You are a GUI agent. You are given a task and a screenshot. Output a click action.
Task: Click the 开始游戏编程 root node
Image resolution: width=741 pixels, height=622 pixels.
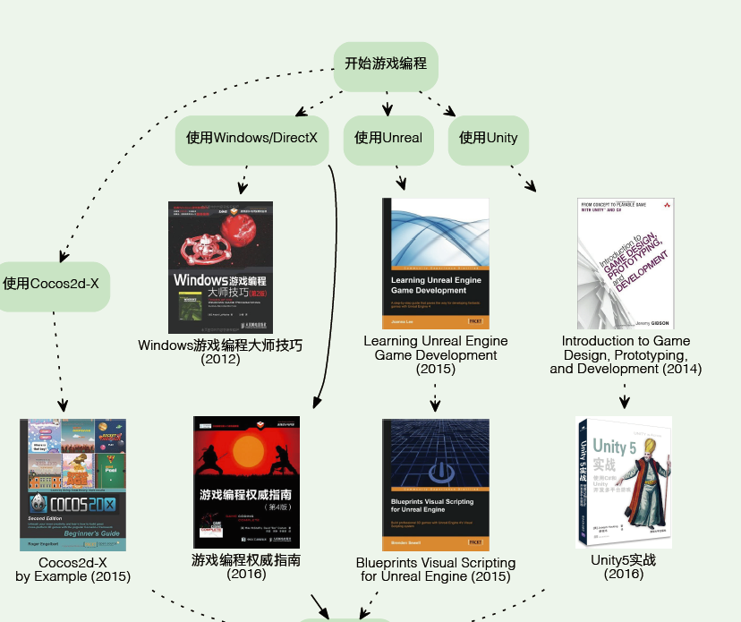point(386,64)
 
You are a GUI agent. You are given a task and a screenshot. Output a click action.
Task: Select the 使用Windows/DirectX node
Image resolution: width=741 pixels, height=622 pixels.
point(251,138)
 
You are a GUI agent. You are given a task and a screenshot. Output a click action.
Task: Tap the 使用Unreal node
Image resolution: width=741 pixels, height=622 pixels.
point(388,138)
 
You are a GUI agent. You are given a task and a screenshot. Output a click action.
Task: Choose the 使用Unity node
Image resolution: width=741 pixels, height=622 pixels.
point(488,138)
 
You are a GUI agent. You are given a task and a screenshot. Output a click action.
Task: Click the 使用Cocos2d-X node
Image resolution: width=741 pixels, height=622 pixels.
point(51,285)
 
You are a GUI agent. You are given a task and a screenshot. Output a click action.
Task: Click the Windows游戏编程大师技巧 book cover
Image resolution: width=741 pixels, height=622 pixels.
point(220,267)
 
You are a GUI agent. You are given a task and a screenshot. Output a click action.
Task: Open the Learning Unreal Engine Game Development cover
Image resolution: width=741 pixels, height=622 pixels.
point(436,262)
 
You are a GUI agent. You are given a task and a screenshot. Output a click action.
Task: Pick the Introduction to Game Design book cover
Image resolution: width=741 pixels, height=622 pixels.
point(626,263)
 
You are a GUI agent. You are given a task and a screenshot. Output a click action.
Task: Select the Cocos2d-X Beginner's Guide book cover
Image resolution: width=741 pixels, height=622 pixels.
point(73,484)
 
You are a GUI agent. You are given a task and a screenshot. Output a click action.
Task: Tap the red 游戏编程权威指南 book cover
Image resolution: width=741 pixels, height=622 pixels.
point(246,481)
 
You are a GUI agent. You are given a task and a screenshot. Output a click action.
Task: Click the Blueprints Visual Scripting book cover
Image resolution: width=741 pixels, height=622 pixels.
point(436,483)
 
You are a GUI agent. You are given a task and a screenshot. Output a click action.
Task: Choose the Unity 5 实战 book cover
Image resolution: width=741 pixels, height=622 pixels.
point(623,482)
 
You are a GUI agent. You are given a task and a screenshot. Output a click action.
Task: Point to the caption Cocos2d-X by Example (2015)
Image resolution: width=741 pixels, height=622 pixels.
point(73,570)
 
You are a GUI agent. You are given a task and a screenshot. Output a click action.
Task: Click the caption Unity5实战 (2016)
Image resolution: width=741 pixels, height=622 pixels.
point(623,567)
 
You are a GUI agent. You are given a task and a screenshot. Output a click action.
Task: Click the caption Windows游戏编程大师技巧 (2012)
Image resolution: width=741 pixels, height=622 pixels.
point(220,352)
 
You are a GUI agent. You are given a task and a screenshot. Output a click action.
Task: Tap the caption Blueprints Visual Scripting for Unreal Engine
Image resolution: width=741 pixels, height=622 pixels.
point(436,570)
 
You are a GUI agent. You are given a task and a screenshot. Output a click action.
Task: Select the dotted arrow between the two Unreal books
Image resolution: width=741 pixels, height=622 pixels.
point(435,396)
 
